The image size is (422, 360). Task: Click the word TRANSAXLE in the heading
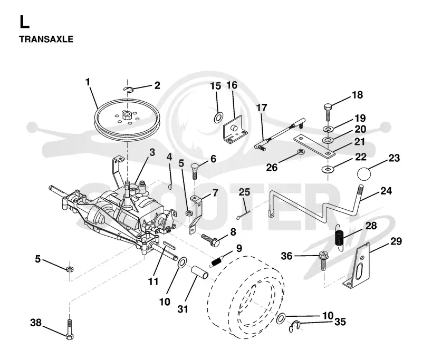click(x=46, y=39)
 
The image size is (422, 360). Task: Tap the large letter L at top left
click(x=24, y=22)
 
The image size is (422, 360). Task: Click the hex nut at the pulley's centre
click(x=126, y=115)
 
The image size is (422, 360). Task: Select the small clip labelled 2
click(x=128, y=89)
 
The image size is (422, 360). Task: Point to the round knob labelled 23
click(x=363, y=174)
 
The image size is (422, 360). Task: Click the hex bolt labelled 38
click(x=70, y=329)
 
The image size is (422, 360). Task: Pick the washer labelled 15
click(x=218, y=118)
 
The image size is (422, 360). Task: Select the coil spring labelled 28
click(x=339, y=237)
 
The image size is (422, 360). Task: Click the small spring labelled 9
click(x=217, y=261)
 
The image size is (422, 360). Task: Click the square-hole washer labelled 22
click(x=328, y=169)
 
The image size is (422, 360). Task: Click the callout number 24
click(x=386, y=191)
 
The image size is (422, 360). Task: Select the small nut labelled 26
click(x=301, y=152)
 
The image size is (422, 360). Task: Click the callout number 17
click(x=261, y=108)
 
